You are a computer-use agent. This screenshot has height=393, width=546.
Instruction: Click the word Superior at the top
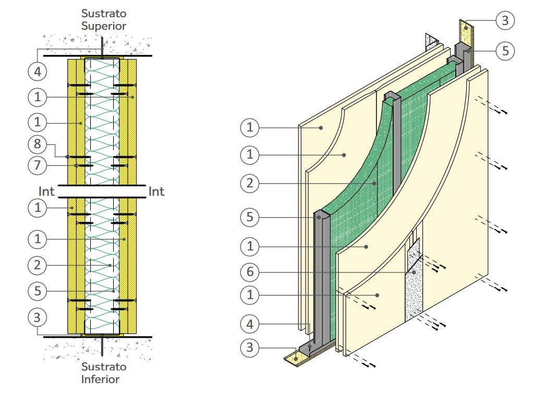tap(103, 25)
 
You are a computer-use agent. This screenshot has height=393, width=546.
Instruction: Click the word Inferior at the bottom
tap(100, 379)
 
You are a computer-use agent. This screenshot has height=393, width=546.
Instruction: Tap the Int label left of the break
tap(47, 192)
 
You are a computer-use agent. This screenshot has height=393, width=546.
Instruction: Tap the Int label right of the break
tap(156, 192)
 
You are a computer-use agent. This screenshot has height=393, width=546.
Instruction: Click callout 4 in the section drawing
tap(37, 72)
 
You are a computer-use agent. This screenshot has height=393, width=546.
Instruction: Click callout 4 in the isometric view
tap(250, 324)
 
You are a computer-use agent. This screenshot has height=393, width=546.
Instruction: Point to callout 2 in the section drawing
tap(37, 265)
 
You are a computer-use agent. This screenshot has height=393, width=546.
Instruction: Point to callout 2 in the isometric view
tap(250, 183)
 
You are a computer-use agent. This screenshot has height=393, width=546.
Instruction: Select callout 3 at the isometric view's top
tap(505, 21)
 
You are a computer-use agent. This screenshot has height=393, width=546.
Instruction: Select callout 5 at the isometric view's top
tap(505, 51)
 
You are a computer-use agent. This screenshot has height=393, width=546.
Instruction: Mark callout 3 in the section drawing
tap(37, 317)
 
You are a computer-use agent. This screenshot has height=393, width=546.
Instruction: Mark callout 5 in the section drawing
tap(37, 291)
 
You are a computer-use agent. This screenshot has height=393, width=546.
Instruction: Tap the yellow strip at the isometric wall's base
tap(295, 358)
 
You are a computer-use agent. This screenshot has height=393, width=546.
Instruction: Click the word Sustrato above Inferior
tap(103, 367)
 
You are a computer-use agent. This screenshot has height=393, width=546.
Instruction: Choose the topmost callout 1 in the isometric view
tap(250, 126)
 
